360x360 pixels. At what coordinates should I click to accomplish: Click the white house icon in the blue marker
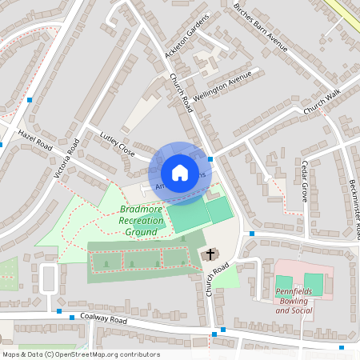(180, 172)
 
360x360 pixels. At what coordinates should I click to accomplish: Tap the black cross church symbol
(210, 254)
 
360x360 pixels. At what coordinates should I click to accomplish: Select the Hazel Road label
(34, 141)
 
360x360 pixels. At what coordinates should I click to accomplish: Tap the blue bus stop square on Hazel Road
(30, 100)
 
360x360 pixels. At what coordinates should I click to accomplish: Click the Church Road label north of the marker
(182, 93)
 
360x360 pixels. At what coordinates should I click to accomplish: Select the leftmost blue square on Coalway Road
(59, 310)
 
